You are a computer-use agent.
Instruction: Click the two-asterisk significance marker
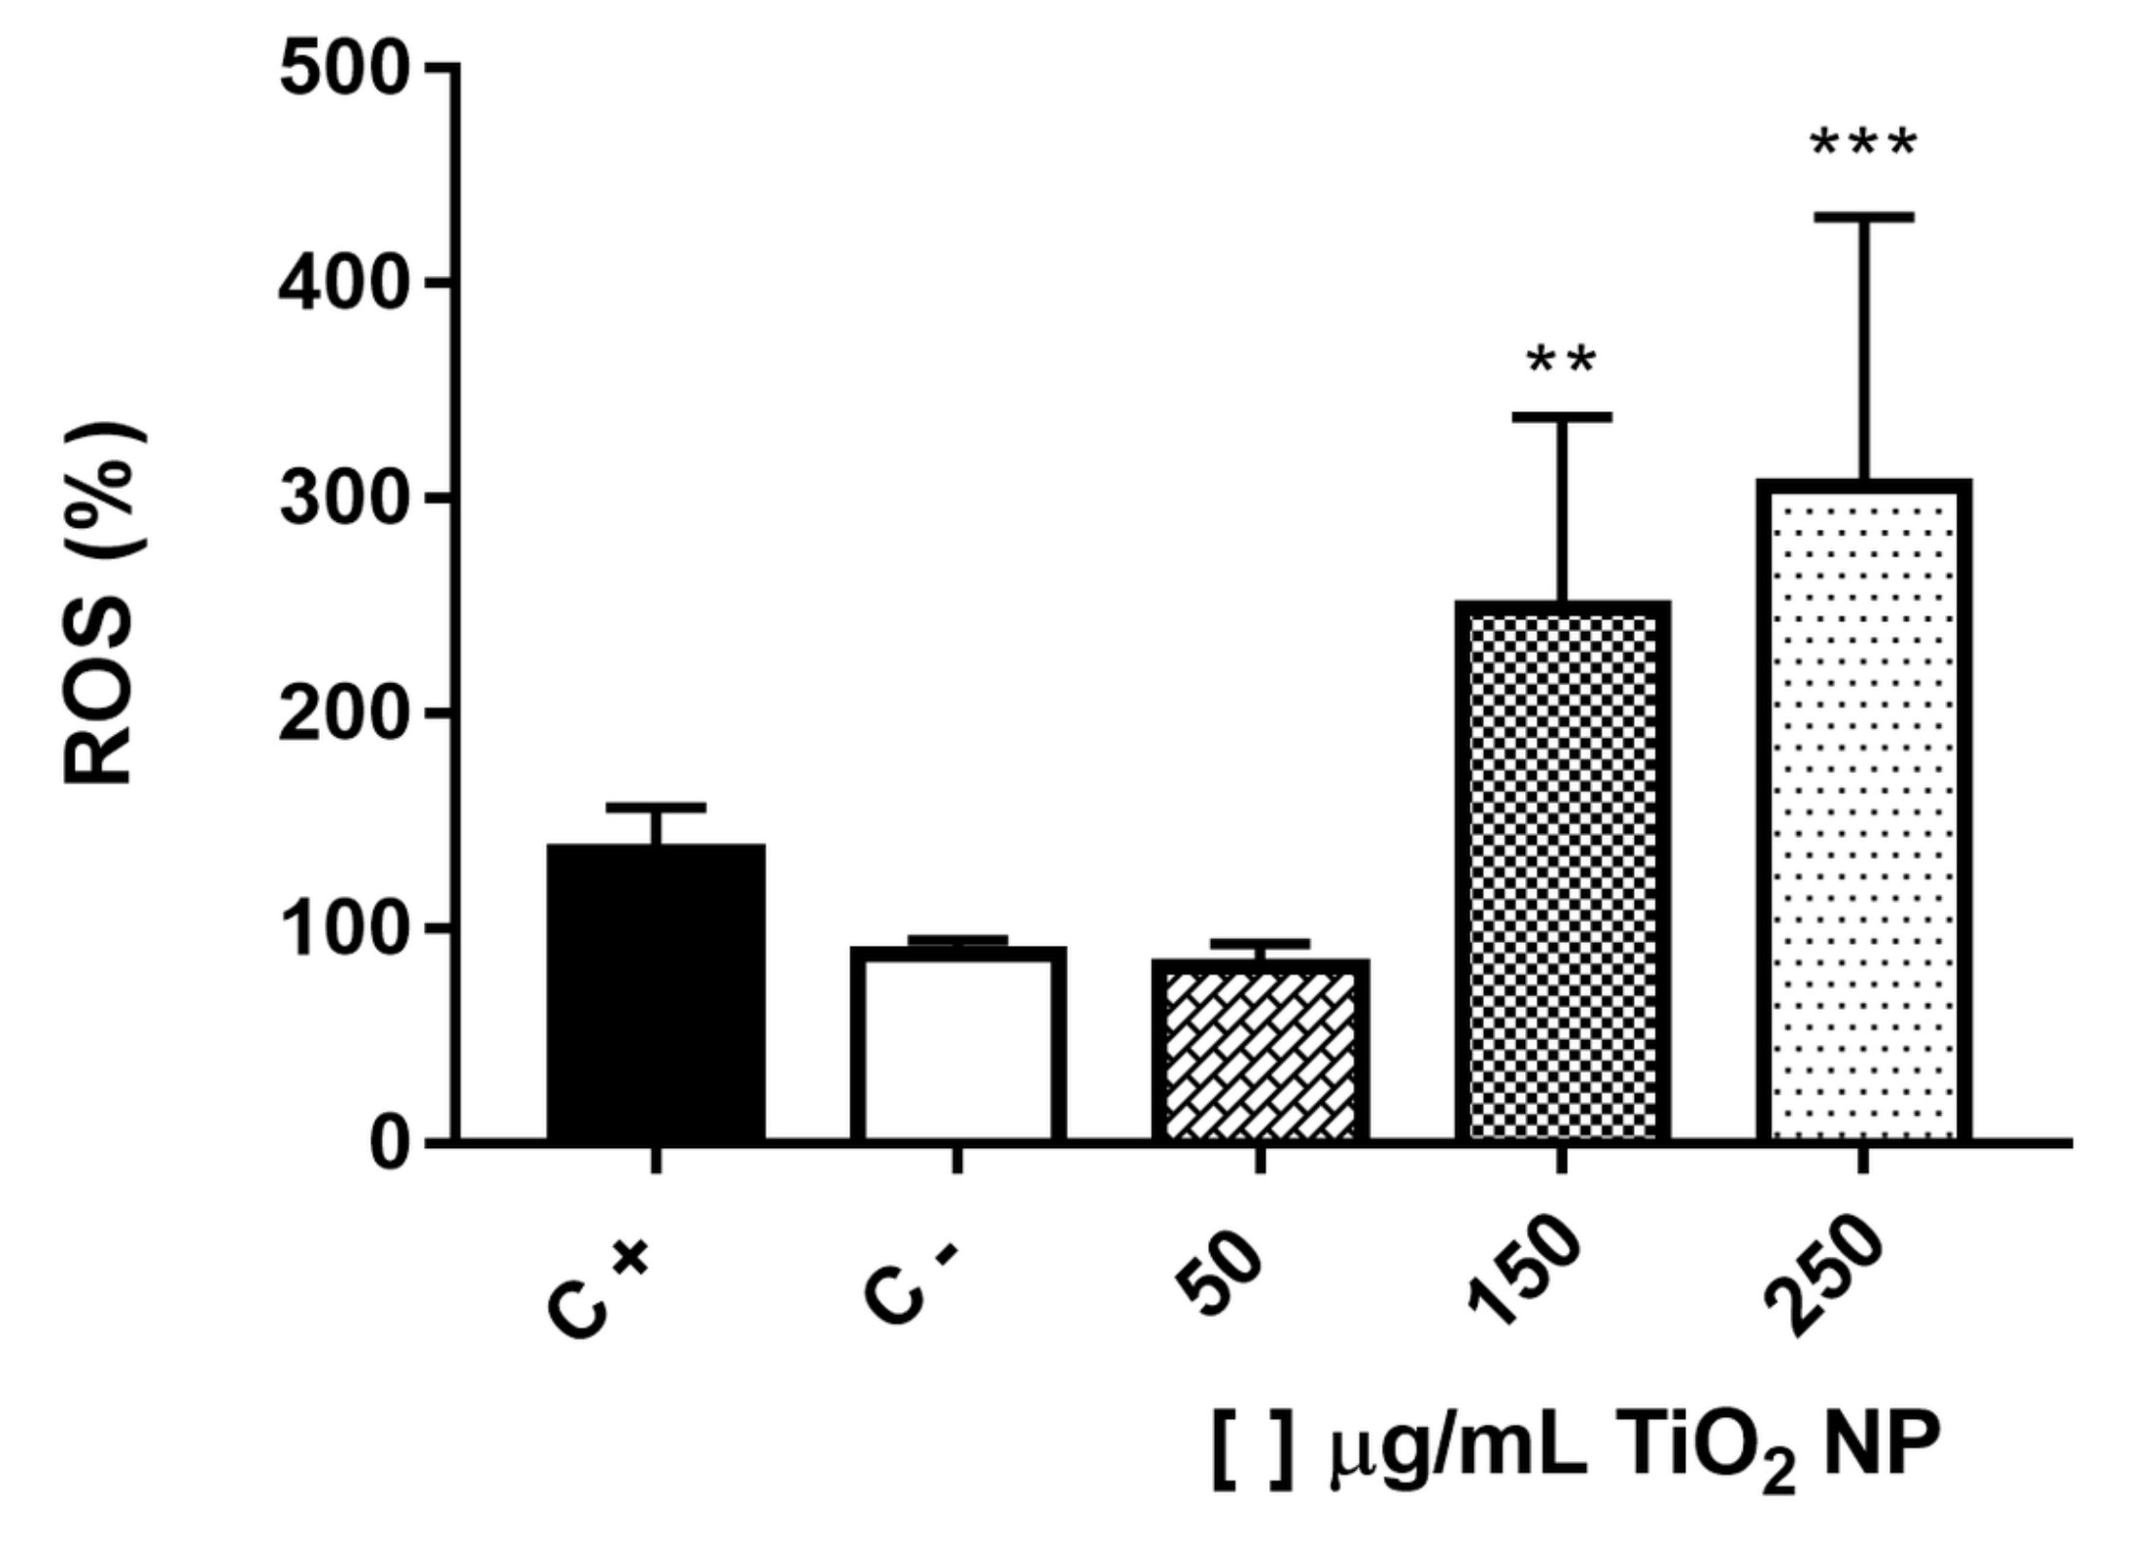(1562, 362)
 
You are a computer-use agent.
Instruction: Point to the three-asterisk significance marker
(1864, 146)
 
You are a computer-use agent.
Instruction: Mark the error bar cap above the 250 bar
(1864, 217)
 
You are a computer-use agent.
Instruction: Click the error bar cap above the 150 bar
(1562, 417)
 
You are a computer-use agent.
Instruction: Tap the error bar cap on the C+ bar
(656, 808)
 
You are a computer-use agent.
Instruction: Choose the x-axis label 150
(1526, 1273)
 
